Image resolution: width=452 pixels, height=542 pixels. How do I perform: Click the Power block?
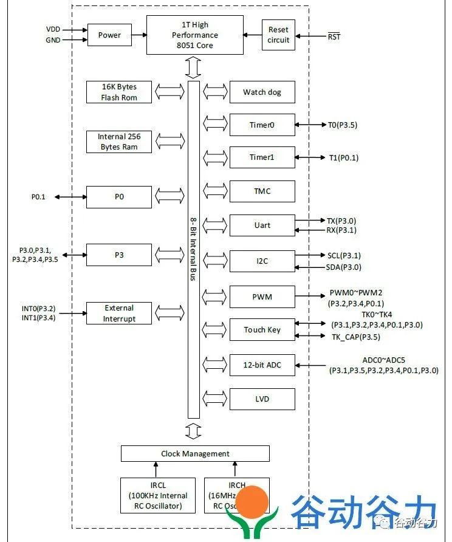(109, 35)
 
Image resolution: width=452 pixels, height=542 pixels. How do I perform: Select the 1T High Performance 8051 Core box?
(194, 35)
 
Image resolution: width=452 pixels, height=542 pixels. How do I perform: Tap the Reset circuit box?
(278, 35)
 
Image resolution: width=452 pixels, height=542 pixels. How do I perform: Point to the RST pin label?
(334, 36)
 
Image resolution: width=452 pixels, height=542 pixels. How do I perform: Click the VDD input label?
(53, 29)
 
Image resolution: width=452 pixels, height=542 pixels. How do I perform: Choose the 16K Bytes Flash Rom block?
(118, 92)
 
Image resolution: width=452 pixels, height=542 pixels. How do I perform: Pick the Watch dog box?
(262, 92)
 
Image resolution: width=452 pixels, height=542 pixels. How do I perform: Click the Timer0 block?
(262, 125)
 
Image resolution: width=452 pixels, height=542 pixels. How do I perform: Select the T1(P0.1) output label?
(343, 158)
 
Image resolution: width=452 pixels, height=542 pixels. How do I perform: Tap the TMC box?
(262, 191)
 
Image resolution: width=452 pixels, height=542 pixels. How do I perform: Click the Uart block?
(262, 225)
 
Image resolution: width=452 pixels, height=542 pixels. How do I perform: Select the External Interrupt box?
(118, 314)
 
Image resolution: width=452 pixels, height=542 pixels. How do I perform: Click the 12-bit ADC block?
(262, 365)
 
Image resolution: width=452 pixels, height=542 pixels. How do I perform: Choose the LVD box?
(262, 399)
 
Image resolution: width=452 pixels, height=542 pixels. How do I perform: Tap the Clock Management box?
(195, 454)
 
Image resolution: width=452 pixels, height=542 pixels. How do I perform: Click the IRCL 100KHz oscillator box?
(157, 496)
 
